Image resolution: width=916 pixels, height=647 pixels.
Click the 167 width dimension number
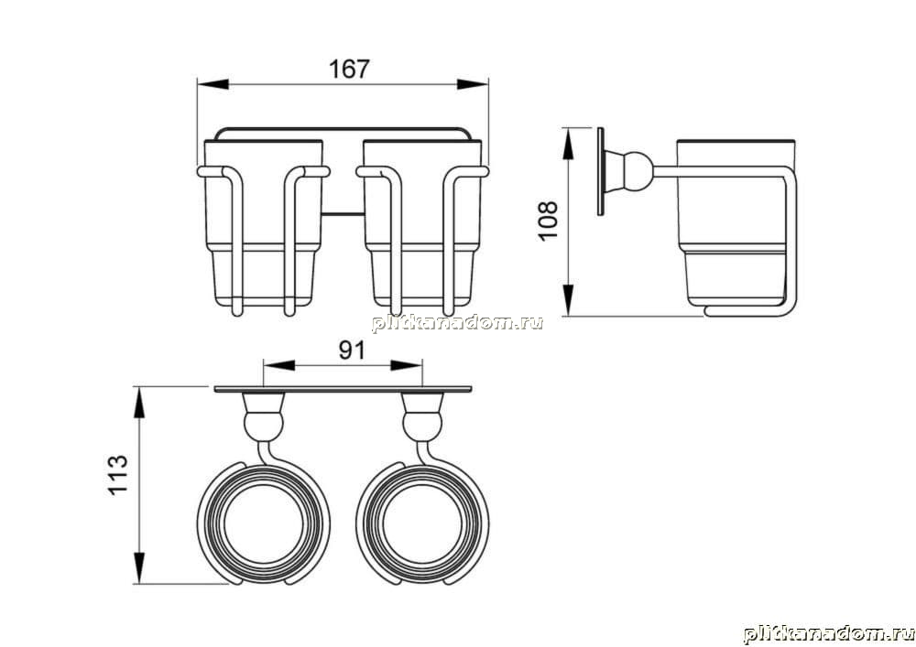pos(349,69)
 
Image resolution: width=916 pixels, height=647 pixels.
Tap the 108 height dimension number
pos(549,221)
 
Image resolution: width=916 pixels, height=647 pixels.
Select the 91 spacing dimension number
pos(353,350)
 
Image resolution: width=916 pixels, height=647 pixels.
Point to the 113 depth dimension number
pos(117,475)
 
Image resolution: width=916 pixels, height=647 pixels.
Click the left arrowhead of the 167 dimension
pos(213,84)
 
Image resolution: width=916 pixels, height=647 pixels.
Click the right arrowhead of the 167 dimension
pos(473,84)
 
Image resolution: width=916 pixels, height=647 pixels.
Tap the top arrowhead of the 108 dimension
pos(568,144)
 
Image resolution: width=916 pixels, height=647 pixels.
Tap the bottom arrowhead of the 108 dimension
pos(568,300)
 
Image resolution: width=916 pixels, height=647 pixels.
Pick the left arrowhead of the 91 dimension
pos(279,366)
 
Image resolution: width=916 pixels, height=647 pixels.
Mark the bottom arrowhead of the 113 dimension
pos(139,567)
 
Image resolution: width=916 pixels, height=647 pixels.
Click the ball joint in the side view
pos(637,171)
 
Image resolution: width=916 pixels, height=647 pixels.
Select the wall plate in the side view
pos(601,171)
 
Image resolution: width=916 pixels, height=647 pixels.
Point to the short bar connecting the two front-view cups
pos(343,214)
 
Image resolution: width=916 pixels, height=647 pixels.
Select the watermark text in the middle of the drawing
pos(457,323)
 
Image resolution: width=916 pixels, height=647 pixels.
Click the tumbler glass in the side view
pos(735,223)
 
